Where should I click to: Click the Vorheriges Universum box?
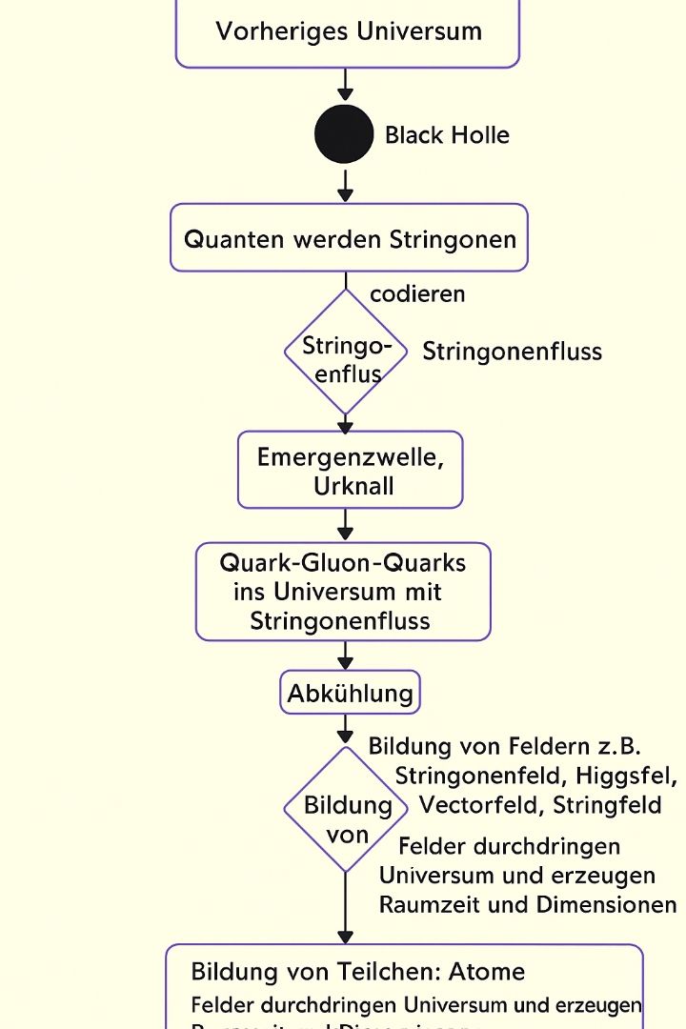[x=348, y=31]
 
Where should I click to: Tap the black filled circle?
[x=344, y=134]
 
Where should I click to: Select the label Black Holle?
[x=447, y=135]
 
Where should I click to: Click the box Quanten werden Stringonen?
[x=349, y=238]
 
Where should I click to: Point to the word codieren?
[x=417, y=293]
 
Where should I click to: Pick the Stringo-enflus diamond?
[x=346, y=353]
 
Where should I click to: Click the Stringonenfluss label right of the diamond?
[x=512, y=352]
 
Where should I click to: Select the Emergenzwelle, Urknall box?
[x=350, y=470]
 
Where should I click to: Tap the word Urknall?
[x=353, y=485]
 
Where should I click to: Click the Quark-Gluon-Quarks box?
[x=343, y=592]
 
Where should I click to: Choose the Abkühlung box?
[x=350, y=693]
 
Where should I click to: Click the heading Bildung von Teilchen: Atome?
[x=358, y=972]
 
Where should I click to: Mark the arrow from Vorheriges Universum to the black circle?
[x=345, y=85]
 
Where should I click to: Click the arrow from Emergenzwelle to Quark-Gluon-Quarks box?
[x=345, y=525]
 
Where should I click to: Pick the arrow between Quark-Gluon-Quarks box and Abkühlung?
[x=345, y=656]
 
